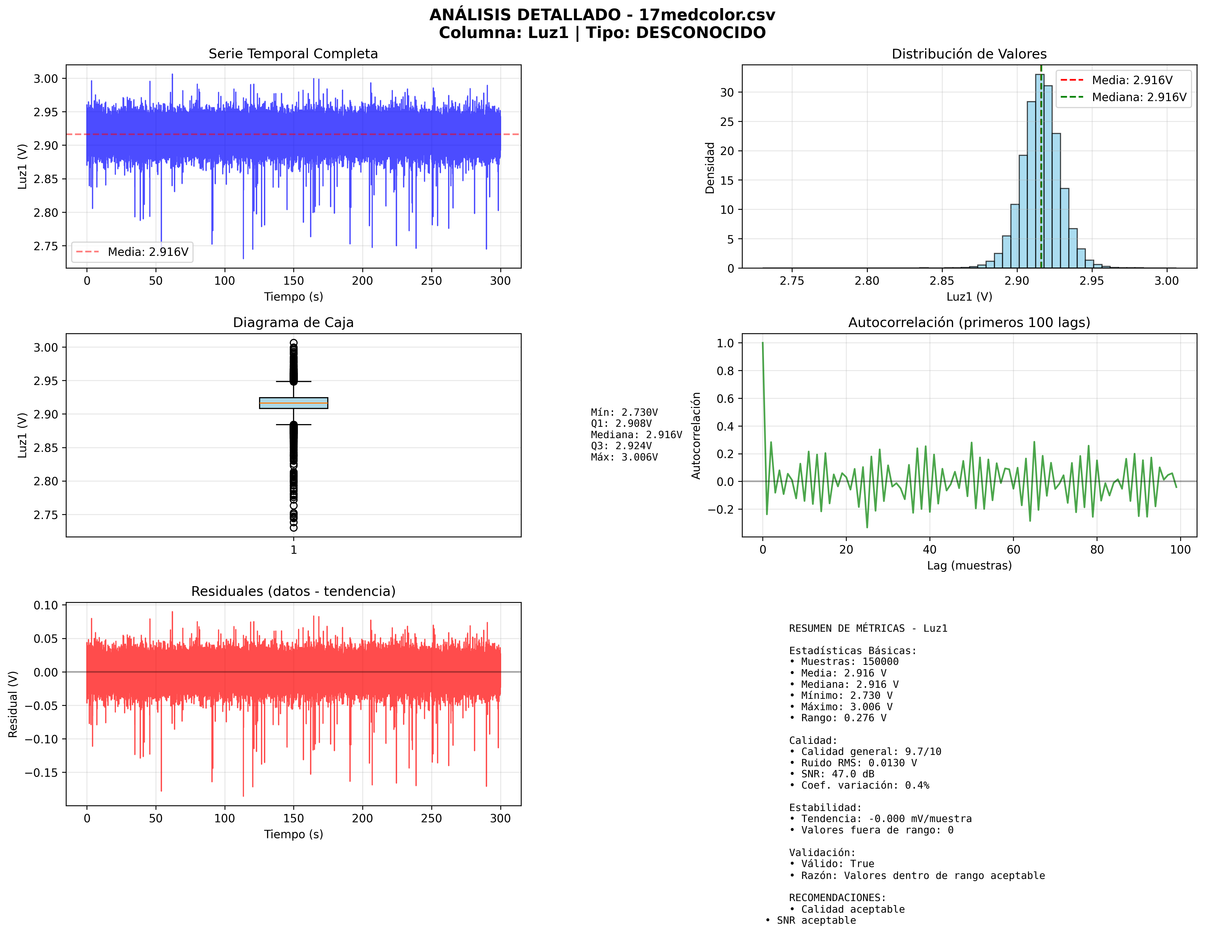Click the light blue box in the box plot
pos(293,403)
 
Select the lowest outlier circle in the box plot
pos(293,528)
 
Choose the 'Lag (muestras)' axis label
pos(969,565)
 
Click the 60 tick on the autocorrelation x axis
pos(1013,549)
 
